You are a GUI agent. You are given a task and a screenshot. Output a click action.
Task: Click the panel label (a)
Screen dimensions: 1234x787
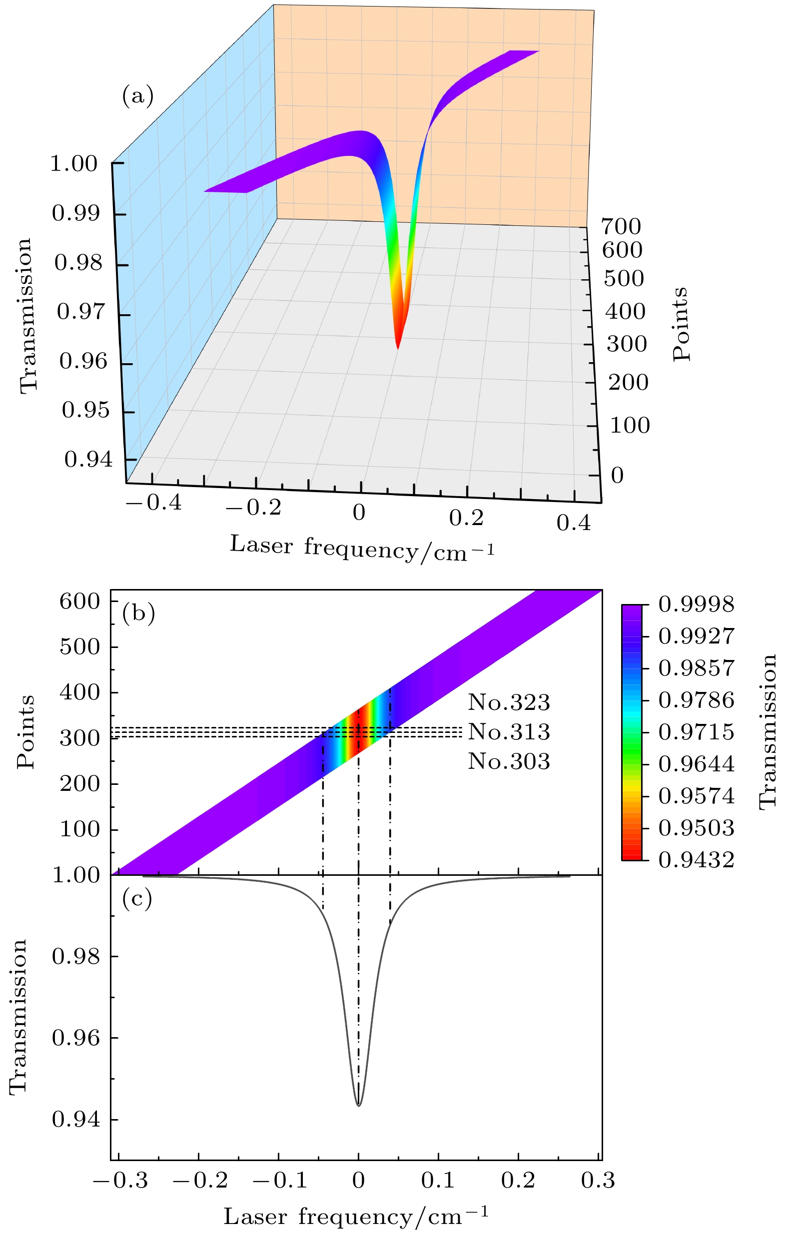[x=137, y=96]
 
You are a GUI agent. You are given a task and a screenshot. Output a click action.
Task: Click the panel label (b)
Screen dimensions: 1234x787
[x=138, y=614]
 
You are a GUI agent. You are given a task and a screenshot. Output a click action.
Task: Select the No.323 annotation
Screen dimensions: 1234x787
[x=508, y=702]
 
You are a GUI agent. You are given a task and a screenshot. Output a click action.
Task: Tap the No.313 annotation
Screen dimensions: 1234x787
[x=508, y=732]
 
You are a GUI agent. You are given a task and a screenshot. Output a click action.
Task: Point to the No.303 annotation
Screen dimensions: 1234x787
[x=508, y=762]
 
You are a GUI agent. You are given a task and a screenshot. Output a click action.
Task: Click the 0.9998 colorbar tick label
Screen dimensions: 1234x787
[x=696, y=605]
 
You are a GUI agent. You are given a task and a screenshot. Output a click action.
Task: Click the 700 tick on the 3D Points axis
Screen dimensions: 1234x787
[x=621, y=226]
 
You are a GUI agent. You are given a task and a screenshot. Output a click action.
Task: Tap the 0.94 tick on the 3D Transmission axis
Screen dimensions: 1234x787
[x=87, y=460]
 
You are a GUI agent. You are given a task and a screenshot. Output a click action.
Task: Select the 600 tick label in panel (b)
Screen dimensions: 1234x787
[x=79, y=602]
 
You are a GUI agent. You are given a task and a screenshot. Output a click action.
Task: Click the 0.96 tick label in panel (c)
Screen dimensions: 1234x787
[x=75, y=1038]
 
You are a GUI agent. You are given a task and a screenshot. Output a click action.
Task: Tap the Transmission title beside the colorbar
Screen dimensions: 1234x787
[x=768, y=732]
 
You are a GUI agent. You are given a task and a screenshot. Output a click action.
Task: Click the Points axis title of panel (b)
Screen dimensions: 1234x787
[x=25, y=732]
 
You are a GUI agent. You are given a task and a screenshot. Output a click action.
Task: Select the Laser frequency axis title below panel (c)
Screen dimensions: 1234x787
[x=356, y=1216]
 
